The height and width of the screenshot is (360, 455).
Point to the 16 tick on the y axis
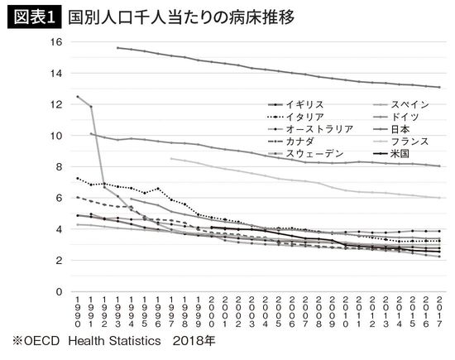click(55, 42)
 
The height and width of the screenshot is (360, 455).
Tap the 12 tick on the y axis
click(55, 104)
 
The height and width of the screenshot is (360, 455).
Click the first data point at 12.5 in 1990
click(78, 97)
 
